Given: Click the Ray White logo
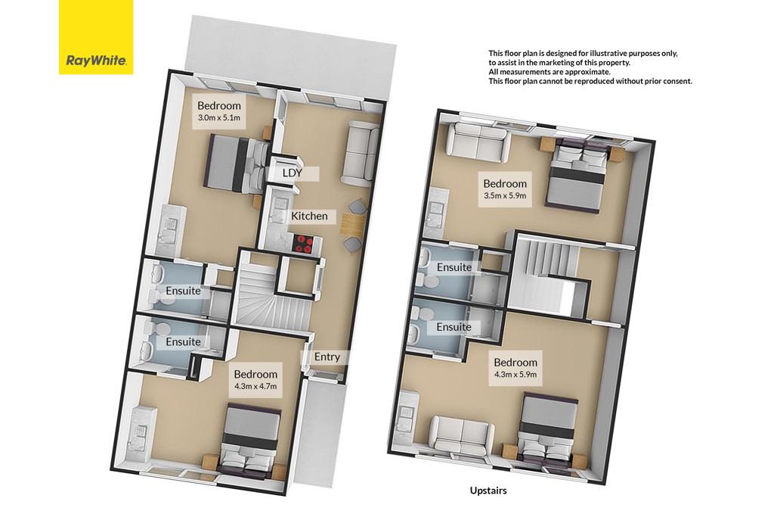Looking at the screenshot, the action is [x=96, y=37].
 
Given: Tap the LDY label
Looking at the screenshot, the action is [x=292, y=173].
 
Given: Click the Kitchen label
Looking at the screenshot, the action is [x=309, y=216].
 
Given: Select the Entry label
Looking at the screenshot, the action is [x=327, y=357].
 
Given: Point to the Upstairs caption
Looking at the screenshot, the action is [x=488, y=491].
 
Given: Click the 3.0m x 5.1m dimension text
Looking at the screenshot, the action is [x=218, y=117].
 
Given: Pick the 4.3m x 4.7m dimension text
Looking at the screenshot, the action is [x=255, y=386].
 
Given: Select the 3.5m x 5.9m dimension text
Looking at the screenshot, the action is [x=504, y=195].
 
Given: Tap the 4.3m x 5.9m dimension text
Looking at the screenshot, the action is [x=515, y=374].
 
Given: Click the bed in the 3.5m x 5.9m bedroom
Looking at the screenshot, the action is [x=577, y=176].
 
